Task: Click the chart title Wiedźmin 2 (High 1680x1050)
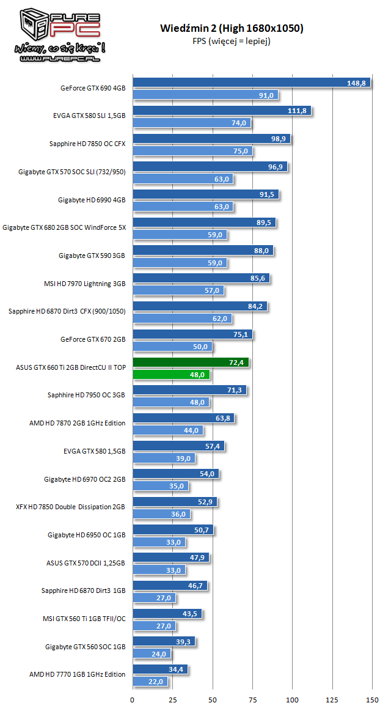coord(232,28)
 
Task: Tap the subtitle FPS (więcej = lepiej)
coord(232,41)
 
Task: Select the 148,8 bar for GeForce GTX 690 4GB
coord(251,83)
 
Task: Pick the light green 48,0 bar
coord(171,374)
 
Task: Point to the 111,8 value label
coord(298,111)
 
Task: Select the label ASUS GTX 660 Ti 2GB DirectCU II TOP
coord(71,367)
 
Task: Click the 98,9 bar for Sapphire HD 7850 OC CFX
coord(211,139)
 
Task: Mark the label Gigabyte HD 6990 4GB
coord(92,199)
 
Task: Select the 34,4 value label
coord(176,669)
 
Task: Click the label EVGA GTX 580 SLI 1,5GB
coord(89,116)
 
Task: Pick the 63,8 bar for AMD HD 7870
coord(183,418)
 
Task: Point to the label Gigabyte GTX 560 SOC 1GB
coord(85,646)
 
